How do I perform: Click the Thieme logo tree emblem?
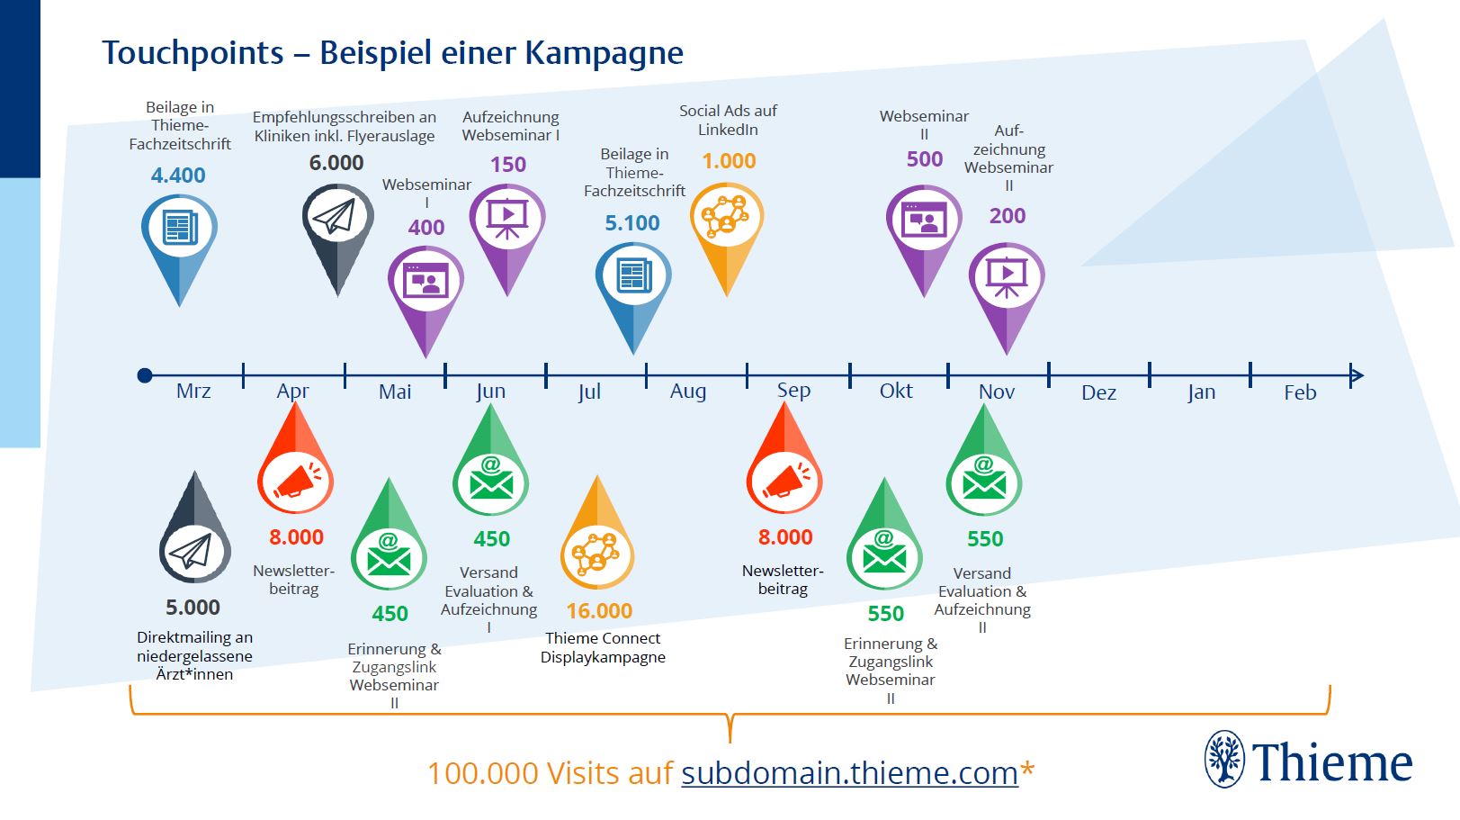pos(1224,759)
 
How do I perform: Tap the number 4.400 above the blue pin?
pos(178,176)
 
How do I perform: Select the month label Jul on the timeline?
pos(589,392)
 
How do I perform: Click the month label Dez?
pos(1098,392)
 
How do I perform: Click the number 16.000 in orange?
pos(599,611)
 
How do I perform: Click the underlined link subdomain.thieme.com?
pos(849,773)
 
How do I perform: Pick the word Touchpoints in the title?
pos(193,53)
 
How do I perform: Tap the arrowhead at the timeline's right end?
pos(1357,375)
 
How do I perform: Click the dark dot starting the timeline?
pos(145,375)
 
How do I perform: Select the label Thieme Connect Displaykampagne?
pos(603,647)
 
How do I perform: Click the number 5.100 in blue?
pos(632,223)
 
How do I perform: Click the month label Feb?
pos(1300,392)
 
